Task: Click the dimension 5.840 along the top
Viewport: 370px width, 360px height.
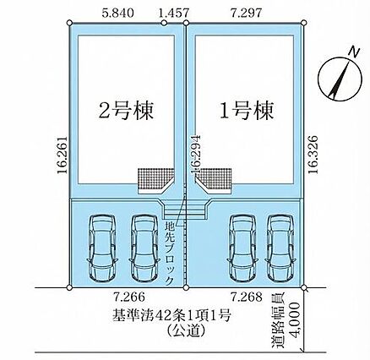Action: tap(117, 14)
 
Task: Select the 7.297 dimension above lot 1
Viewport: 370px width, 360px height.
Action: tap(247, 14)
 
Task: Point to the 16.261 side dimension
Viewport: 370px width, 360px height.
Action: tap(63, 155)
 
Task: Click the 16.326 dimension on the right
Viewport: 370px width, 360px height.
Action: tap(313, 155)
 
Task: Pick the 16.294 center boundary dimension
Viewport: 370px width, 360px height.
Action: tap(195, 155)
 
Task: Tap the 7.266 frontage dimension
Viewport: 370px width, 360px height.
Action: tap(129, 297)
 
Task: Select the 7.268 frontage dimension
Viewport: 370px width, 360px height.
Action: tap(247, 297)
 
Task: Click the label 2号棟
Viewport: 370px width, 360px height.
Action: tap(126, 111)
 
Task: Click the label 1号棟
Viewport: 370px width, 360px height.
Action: tap(247, 111)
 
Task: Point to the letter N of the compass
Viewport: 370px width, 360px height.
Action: tap(354, 52)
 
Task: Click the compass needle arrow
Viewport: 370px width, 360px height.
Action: tap(340, 79)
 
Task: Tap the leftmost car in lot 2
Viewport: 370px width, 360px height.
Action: tap(102, 248)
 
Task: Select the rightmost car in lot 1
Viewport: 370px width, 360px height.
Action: tap(280, 248)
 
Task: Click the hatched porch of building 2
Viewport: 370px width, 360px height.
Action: tap(155, 178)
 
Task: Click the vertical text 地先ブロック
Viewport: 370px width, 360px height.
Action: tap(170, 254)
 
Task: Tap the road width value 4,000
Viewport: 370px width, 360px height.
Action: tap(294, 319)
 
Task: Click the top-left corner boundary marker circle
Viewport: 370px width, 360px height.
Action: tap(70, 23)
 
